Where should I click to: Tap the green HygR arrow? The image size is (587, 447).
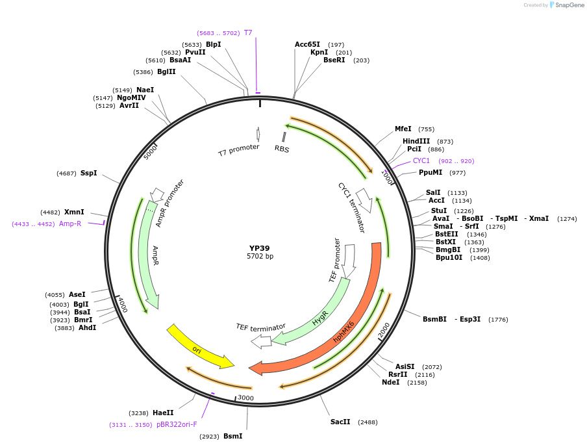pos(319,318)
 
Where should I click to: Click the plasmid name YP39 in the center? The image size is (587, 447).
pos(260,248)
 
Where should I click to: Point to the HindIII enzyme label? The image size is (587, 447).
pos(416,141)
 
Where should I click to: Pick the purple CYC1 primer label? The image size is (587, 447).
pos(421,160)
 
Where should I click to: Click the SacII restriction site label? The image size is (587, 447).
pos(340,422)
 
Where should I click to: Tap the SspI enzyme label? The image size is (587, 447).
pos(88,173)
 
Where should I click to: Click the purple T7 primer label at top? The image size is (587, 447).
pos(248,32)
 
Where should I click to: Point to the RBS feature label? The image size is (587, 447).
pos(282,149)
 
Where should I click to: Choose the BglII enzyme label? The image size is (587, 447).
pos(166,71)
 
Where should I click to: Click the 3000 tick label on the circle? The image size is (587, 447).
pos(245,398)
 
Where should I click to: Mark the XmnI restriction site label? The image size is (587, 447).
pos(74,212)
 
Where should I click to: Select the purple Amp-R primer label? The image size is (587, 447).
pos(70,224)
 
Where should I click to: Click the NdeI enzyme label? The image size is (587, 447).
pos(390,383)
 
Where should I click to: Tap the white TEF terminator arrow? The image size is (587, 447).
pos(261,340)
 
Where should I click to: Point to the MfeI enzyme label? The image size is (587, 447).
pos(403,129)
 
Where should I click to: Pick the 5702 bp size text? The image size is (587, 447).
pos(260,257)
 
